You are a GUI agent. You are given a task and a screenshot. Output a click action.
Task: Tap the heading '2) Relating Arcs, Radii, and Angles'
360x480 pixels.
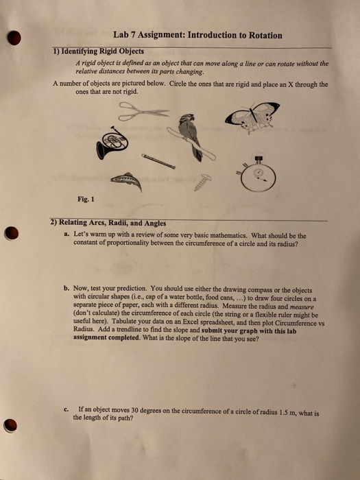pos(108,224)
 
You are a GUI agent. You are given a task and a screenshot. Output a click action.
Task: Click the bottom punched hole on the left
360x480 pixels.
pos(10,426)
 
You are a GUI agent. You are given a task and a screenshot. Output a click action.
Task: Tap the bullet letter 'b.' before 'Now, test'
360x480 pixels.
pos(67,289)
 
